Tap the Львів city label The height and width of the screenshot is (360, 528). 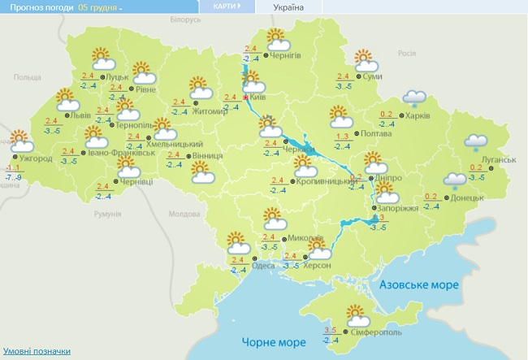(81, 116)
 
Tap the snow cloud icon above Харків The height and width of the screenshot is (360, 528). (416, 98)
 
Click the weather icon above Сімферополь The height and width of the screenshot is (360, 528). (355, 314)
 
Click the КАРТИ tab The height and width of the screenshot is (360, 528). (226, 7)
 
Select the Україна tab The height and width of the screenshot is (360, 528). (288, 7)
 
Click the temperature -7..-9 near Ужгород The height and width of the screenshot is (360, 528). (13, 176)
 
